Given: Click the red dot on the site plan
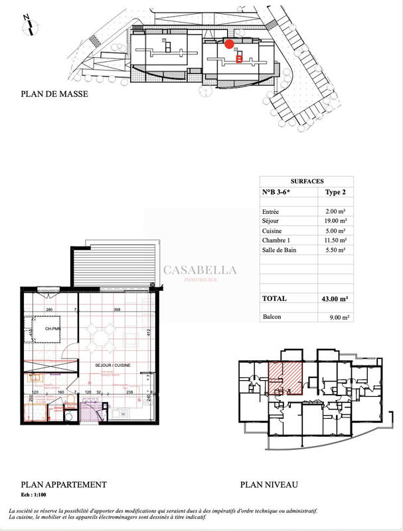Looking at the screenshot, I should pyautogui.click(x=229, y=45).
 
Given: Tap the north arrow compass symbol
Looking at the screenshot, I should pyautogui.click(x=29, y=24).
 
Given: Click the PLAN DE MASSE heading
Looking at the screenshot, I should pyautogui.click(x=54, y=94).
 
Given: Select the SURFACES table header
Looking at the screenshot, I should pyautogui.click(x=307, y=181).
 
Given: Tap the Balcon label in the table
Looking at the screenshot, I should pyautogui.click(x=272, y=317).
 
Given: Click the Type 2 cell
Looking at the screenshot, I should pyautogui.click(x=335, y=192).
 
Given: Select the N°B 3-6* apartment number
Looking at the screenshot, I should pyautogui.click(x=278, y=192).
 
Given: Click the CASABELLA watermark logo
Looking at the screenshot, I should pyautogui.click(x=200, y=271).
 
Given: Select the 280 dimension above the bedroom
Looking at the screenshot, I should pyautogui.click(x=49, y=310).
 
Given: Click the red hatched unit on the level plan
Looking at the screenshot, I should pyautogui.click(x=285, y=378).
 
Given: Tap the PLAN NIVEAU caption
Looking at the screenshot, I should pyautogui.click(x=270, y=485).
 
